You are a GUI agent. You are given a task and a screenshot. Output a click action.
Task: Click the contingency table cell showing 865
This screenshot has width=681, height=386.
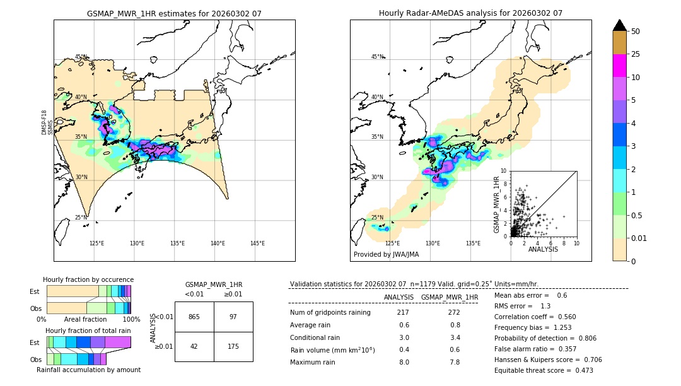coord(194,317)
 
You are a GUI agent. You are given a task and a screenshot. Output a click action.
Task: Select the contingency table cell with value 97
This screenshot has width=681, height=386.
coord(233,317)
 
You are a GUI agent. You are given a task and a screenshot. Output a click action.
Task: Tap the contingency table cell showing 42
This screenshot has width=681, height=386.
coord(194,346)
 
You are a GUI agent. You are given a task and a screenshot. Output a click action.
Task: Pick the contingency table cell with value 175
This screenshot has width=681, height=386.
coord(233,346)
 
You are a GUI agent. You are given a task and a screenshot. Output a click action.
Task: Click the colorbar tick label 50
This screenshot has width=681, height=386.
coord(636,32)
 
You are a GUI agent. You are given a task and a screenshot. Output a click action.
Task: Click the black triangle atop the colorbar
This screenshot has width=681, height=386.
coord(620,25)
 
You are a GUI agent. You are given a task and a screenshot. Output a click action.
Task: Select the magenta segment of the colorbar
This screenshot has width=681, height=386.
coord(620,66)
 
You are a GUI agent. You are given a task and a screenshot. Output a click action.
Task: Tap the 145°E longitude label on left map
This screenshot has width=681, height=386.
coord(257,243)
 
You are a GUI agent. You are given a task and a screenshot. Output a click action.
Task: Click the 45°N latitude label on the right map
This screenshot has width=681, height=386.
coord(377,57)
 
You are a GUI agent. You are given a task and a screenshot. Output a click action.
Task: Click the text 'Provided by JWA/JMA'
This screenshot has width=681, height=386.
coord(386,254)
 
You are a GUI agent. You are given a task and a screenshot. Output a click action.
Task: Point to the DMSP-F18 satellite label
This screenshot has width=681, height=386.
coord(44,122)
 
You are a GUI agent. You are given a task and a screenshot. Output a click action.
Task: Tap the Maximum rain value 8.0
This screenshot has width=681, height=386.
coord(404,362)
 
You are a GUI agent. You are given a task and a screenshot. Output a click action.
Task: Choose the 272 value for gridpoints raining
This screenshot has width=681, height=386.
coord(453,313)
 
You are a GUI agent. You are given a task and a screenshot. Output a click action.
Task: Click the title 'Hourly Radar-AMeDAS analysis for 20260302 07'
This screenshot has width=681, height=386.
coord(470,13)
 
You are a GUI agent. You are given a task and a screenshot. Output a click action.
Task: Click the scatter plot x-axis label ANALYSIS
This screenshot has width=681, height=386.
coord(543,249)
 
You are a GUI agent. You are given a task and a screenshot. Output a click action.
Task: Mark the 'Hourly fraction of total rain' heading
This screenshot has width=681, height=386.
coord(88,330)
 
